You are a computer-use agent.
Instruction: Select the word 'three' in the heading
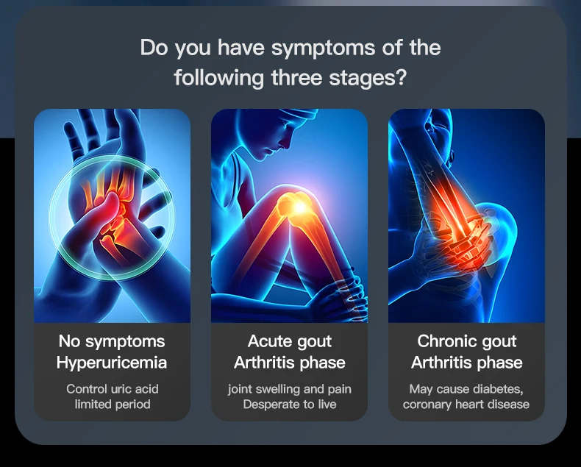pyautogui.click(x=296, y=77)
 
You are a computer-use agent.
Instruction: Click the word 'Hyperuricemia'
pyautogui.click(x=112, y=363)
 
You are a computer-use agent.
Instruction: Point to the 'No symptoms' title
pyautogui.click(x=112, y=342)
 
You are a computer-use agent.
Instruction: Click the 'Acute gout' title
pyautogui.click(x=289, y=342)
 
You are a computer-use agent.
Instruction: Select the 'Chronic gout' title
pyautogui.click(x=467, y=342)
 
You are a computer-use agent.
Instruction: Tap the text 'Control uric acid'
pyautogui.click(x=113, y=389)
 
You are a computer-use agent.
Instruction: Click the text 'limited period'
pyautogui.click(x=113, y=404)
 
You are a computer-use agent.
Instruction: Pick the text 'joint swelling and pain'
pyautogui.click(x=289, y=389)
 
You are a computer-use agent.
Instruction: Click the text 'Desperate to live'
pyautogui.click(x=289, y=404)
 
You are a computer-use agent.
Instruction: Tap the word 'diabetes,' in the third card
pyautogui.click(x=499, y=389)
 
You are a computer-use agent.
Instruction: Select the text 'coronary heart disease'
pyautogui.click(x=466, y=404)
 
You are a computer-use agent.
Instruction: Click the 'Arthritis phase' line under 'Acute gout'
pyautogui.click(x=289, y=363)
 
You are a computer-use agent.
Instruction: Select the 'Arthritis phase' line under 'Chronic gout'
pyautogui.click(x=467, y=363)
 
